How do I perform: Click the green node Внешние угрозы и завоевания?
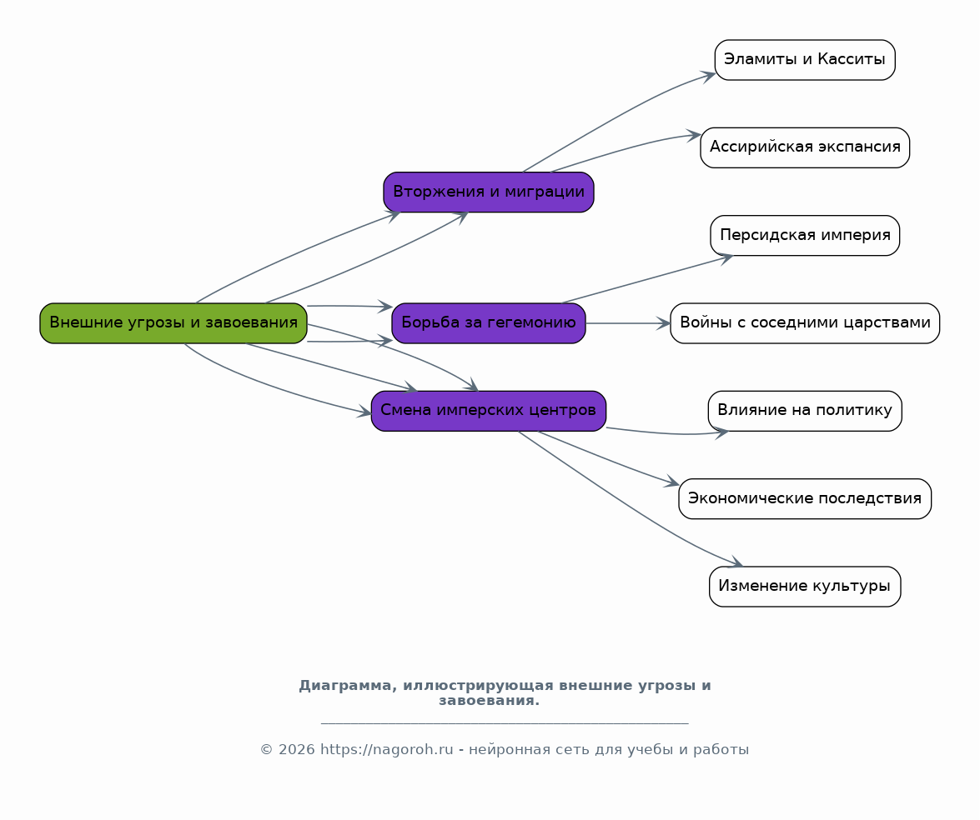coord(173,322)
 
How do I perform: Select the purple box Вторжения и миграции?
coord(489,192)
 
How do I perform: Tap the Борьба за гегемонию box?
coord(489,322)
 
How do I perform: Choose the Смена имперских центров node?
coord(489,411)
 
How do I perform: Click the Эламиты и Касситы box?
coord(805,60)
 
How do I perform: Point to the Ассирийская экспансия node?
coord(805,147)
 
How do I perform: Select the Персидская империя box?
coord(805,236)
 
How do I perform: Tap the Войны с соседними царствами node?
coord(805,322)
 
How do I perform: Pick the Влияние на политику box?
coord(805,411)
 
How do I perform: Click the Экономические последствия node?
coord(805,498)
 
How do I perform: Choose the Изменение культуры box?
coord(805,587)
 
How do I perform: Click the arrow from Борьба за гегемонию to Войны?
coord(628,323)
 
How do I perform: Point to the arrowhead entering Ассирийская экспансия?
coord(694,135)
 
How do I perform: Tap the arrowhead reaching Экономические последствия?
coord(672,482)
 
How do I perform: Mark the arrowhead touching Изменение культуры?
coord(735,562)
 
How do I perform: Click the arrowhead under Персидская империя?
coord(726,258)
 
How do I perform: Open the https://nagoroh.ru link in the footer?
coord(387,749)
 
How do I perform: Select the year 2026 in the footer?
coord(297,749)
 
